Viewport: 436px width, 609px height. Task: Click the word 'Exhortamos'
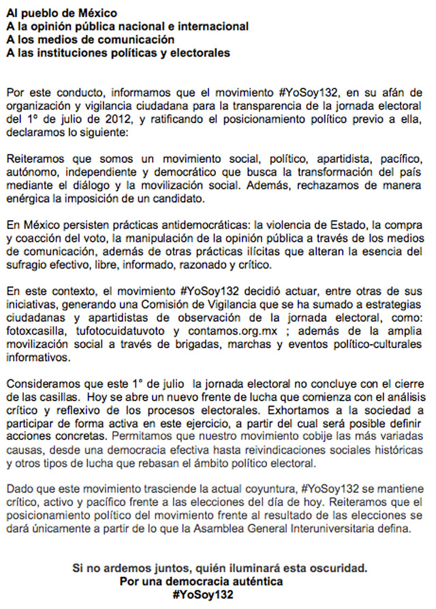(291, 411)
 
